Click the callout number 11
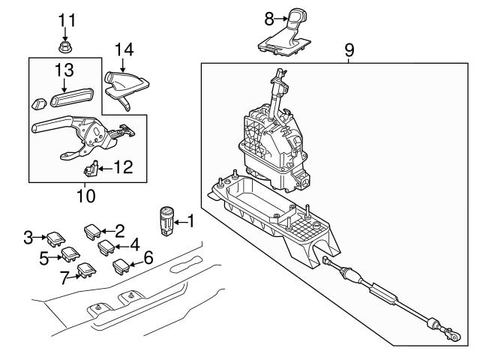click(x=67, y=18)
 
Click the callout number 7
click(x=66, y=277)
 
